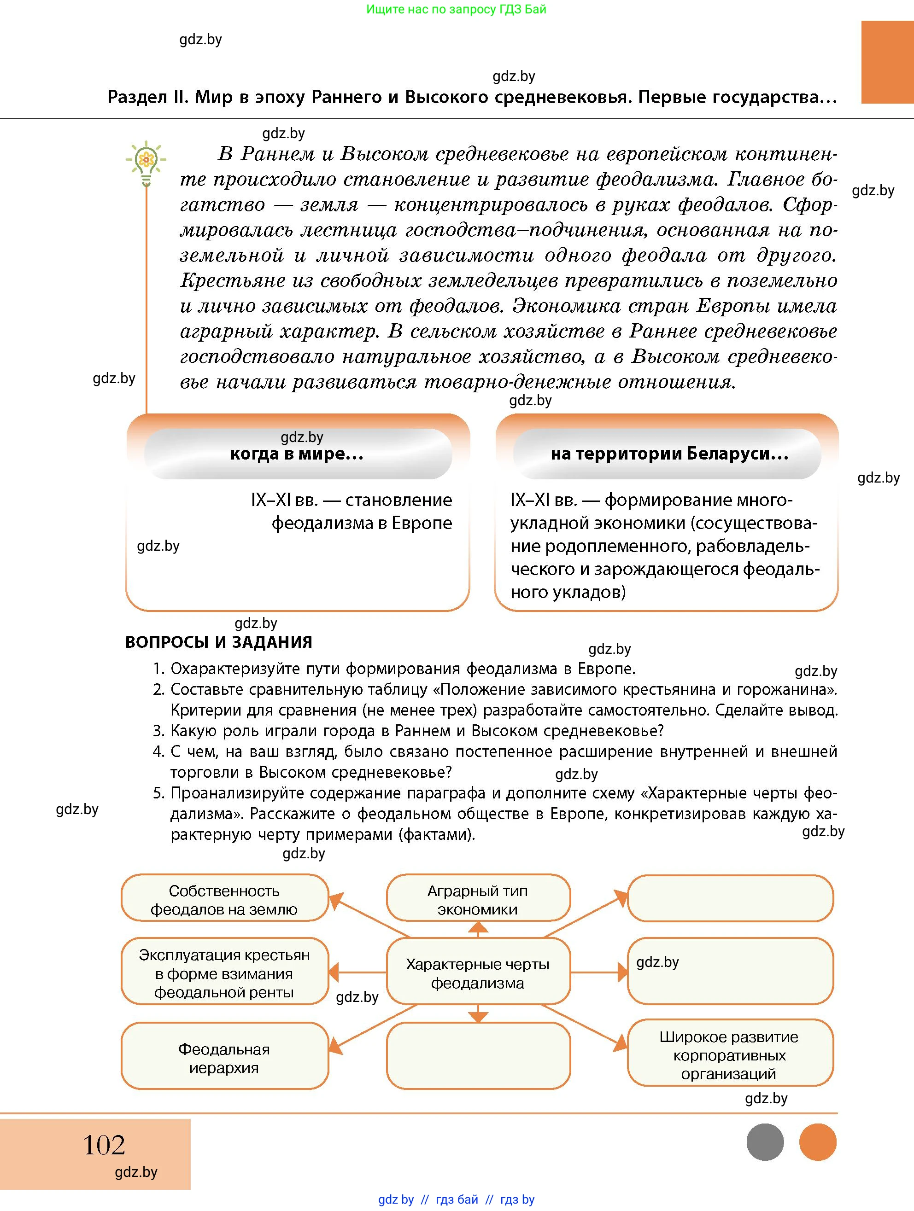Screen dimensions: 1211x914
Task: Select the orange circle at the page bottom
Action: (x=817, y=1142)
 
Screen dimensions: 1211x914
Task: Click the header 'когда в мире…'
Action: (x=297, y=454)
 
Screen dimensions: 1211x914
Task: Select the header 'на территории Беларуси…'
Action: (x=669, y=454)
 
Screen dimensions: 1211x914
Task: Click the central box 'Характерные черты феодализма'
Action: (x=478, y=973)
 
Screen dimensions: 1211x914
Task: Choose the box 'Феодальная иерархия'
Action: (x=224, y=1058)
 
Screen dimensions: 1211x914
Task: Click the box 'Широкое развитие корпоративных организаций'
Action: (x=729, y=1054)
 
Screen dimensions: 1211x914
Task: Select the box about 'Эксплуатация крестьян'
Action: (x=224, y=973)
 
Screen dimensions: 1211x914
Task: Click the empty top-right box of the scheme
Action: (x=729, y=898)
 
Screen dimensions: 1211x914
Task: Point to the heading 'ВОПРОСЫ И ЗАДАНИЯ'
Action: (x=218, y=641)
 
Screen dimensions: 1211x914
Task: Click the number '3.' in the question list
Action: (x=158, y=731)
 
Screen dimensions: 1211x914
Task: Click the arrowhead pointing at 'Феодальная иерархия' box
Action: (x=334, y=1047)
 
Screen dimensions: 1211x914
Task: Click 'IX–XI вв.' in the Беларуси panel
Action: (x=543, y=500)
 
